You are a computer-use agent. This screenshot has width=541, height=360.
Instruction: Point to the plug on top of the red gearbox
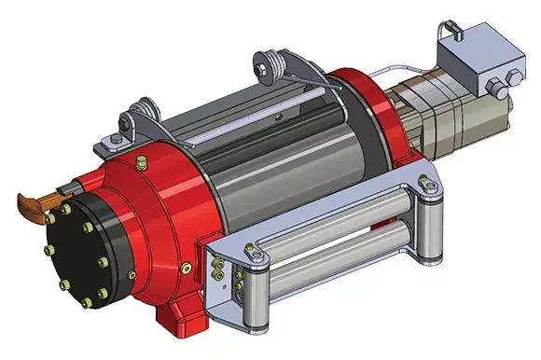[x=140, y=165]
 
